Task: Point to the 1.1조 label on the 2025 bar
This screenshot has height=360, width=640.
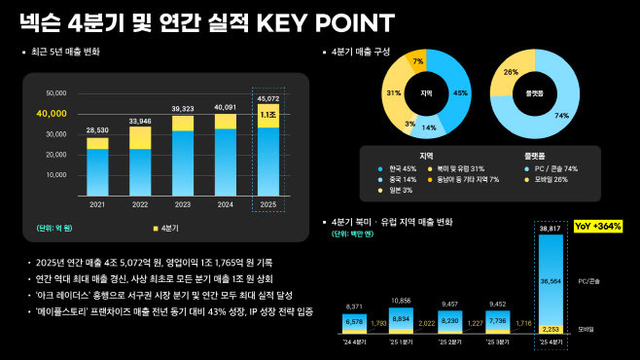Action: (267, 115)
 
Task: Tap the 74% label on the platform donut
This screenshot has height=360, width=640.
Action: (560, 115)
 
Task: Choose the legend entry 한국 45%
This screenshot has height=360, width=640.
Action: (399, 168)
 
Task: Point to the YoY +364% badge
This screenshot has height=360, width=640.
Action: (599, 226)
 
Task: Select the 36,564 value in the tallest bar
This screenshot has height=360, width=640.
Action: (551, 277)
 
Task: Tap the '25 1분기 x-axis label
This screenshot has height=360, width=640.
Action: (402, 342)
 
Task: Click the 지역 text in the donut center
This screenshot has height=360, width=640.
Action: (426, 93)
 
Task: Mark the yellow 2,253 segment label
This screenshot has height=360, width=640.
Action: (551, 329)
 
